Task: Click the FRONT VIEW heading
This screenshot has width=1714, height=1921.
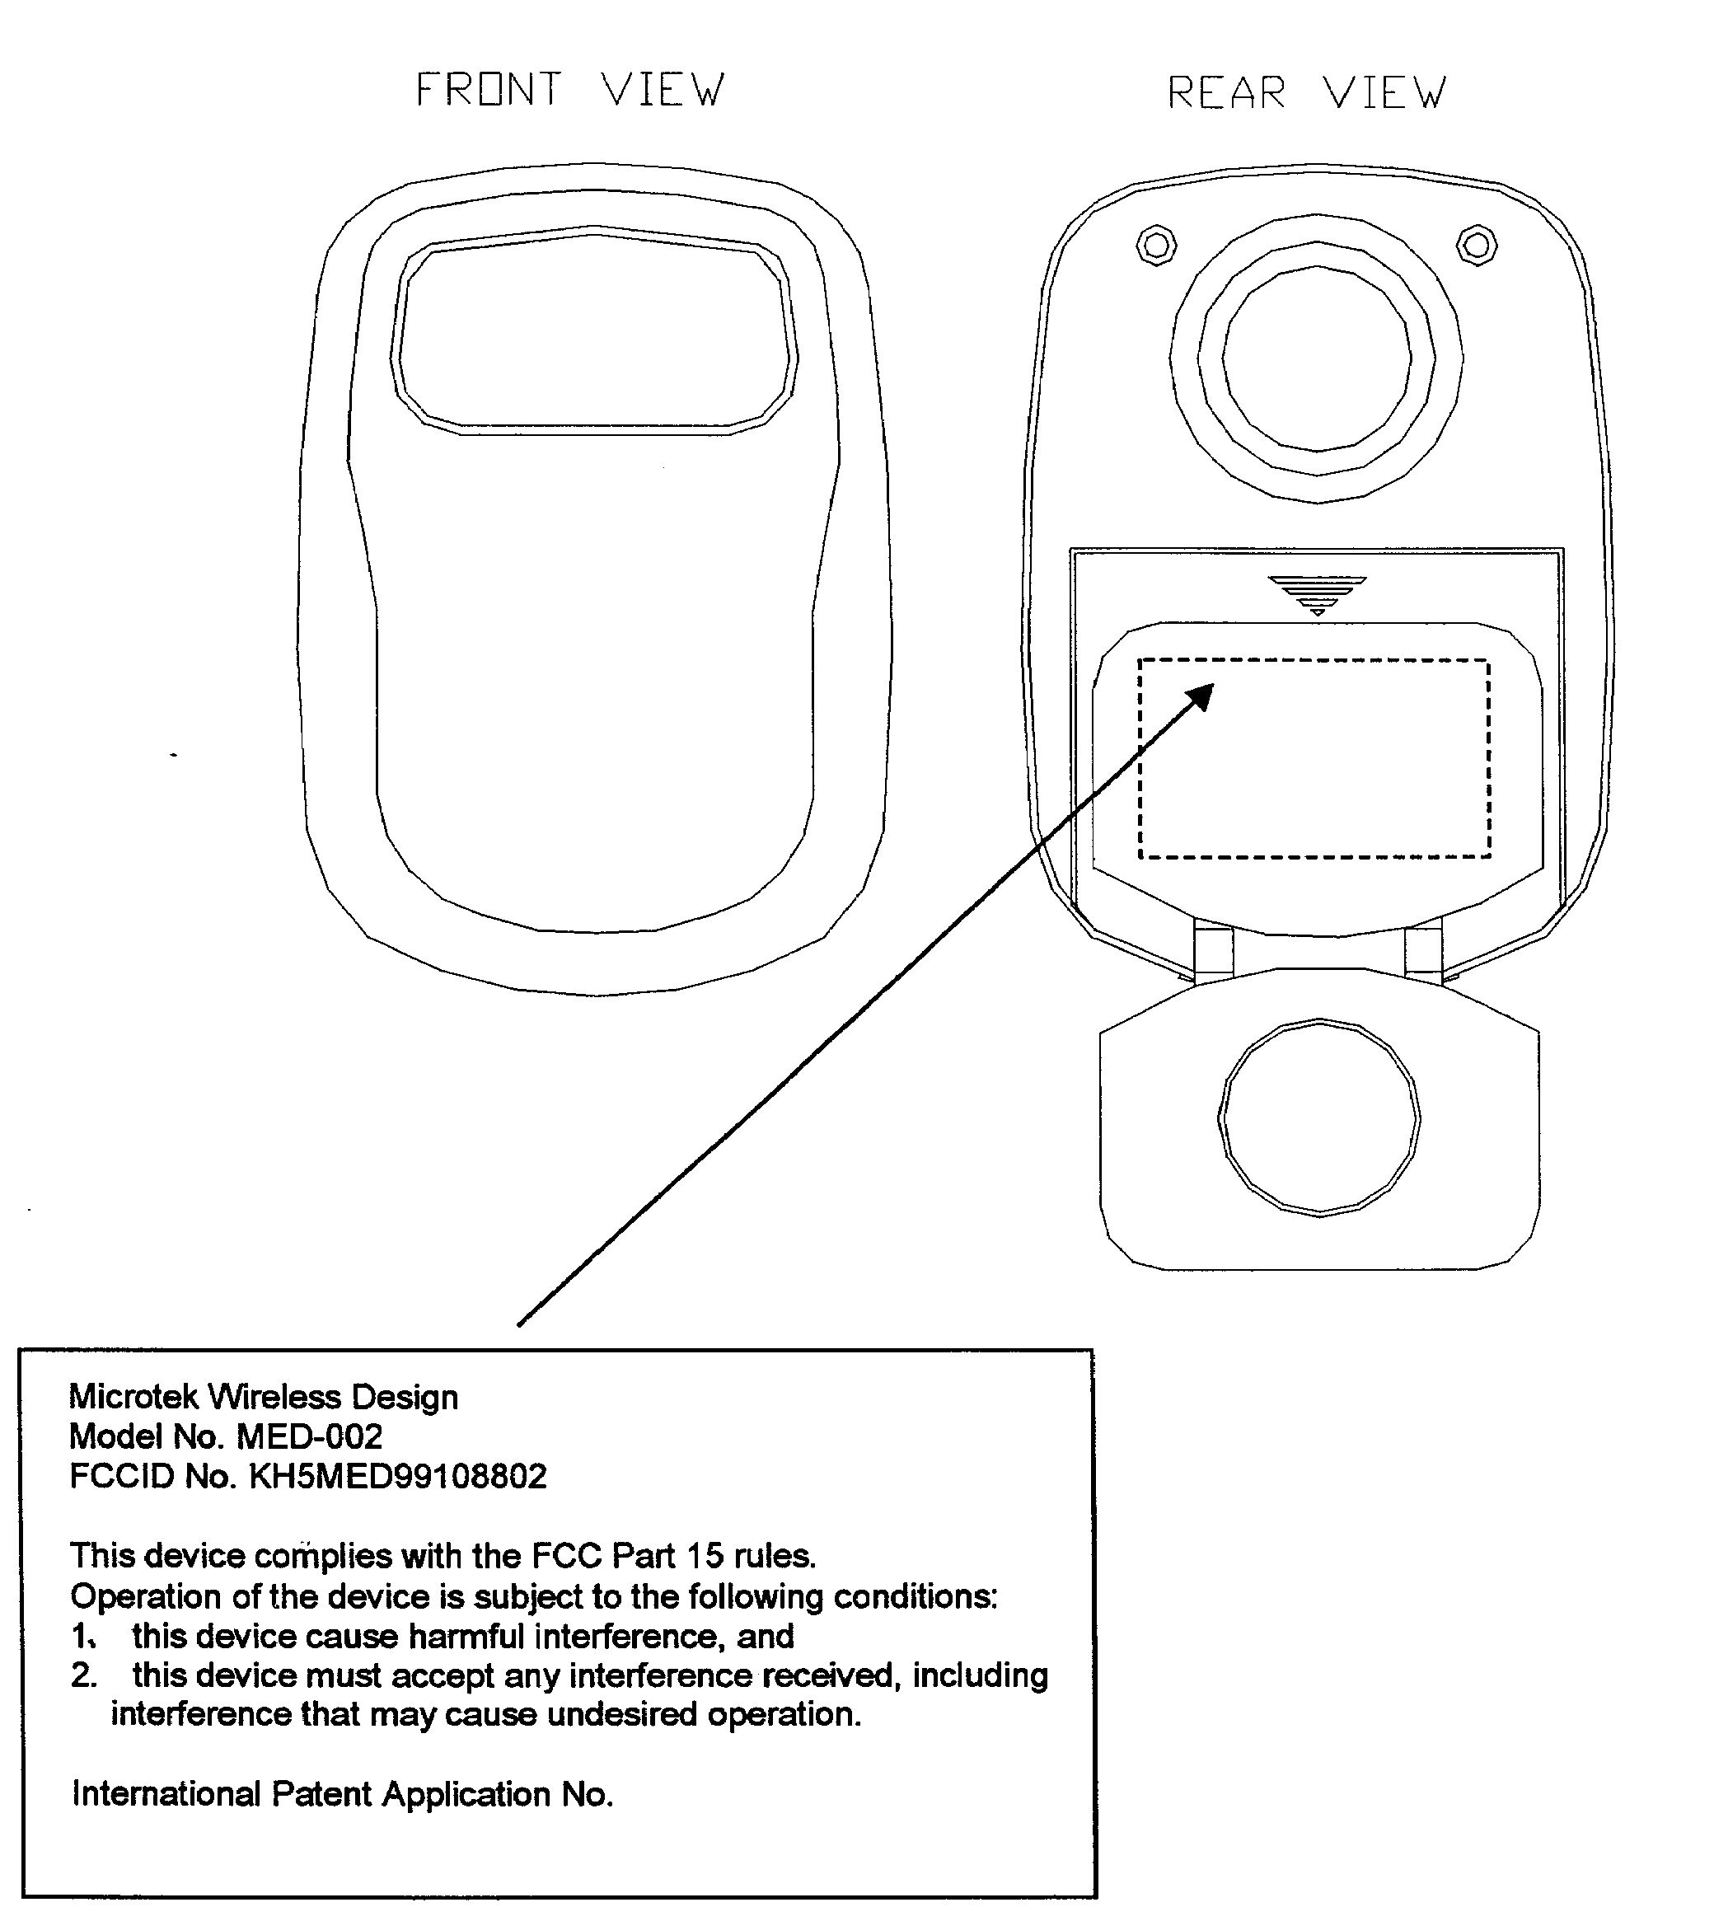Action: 569,91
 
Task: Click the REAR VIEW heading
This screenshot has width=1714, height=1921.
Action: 1306,93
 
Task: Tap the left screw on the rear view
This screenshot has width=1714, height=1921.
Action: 1156,246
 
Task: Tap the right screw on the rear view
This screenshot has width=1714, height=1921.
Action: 1477,246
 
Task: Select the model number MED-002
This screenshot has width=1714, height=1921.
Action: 309,1437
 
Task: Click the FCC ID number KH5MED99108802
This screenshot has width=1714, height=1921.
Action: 396,1477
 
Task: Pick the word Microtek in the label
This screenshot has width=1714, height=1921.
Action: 133,1398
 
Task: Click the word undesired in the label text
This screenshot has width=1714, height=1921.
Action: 622,1715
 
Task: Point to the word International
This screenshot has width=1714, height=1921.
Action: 166,1795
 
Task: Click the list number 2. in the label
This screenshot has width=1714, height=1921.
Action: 84,1676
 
